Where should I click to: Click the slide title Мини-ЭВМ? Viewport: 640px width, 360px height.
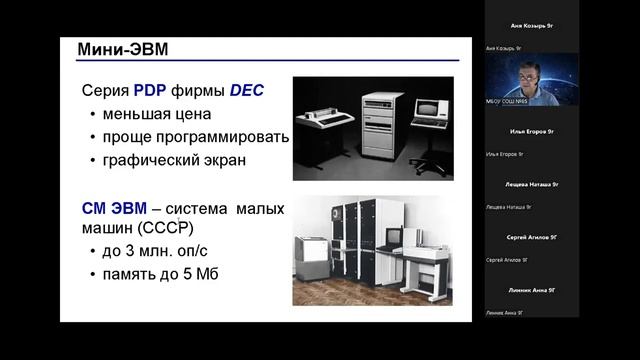click(118, 49)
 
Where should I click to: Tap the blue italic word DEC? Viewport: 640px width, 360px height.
click(246, 90)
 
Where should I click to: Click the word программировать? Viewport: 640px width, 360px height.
click(229, 137)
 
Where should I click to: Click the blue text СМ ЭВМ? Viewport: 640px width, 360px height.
click(114, 209)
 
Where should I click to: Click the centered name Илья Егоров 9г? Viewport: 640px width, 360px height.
click(532, 131)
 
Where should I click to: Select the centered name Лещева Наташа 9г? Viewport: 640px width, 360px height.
click(532, 184)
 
